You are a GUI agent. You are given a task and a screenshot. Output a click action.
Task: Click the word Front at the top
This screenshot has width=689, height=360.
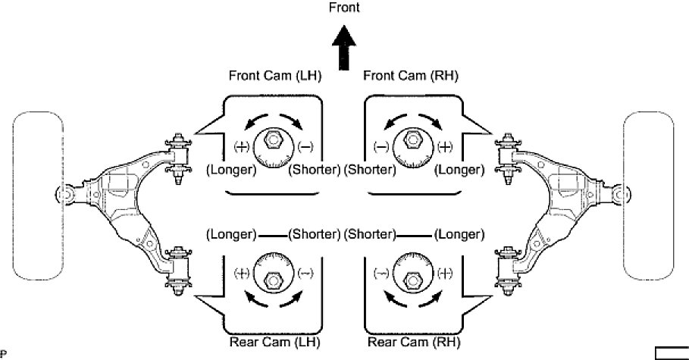point(343,8)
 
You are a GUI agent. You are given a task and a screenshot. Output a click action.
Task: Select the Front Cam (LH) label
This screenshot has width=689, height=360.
point(274,76)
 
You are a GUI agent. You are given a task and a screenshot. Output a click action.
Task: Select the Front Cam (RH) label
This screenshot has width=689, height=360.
point(411,76)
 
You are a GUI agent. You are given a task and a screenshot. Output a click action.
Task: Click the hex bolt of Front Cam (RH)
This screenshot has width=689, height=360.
point(412,139)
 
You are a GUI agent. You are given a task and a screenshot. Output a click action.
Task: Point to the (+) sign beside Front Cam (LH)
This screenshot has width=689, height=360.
point(243,146)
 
